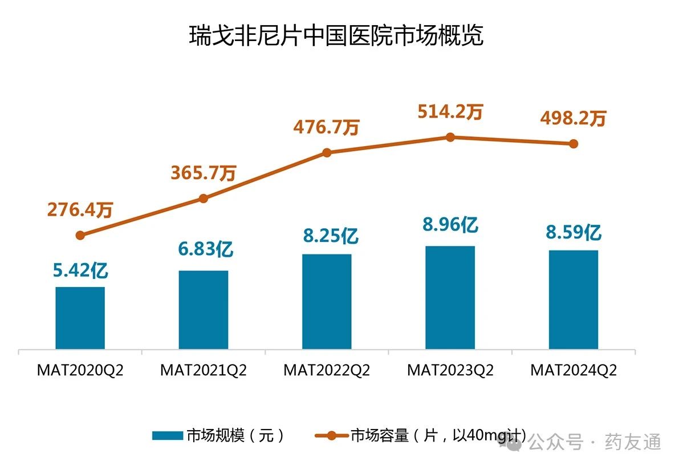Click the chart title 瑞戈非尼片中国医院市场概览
[x=336, y=36]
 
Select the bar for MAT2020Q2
[x=80, y=318]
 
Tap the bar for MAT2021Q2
[x=204, y=310]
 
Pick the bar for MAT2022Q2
[x=327, y=301]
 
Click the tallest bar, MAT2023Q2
[x=450, y=297]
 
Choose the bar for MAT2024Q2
[x=574, y=300]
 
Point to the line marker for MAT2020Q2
[x=80, y=235]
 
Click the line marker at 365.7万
[x=204, y=199]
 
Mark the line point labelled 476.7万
[x=327, y=152]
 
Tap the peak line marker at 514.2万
[x=450, y=137]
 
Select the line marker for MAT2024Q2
[x=574, y=144]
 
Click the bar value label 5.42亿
[x=80, y=270]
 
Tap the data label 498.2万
[x=574, y=119]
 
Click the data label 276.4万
[x=80, y=210]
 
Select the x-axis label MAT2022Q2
[x=327, y=370]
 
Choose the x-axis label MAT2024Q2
[x=574, y=370]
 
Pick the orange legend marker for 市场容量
[x=331, y=436]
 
